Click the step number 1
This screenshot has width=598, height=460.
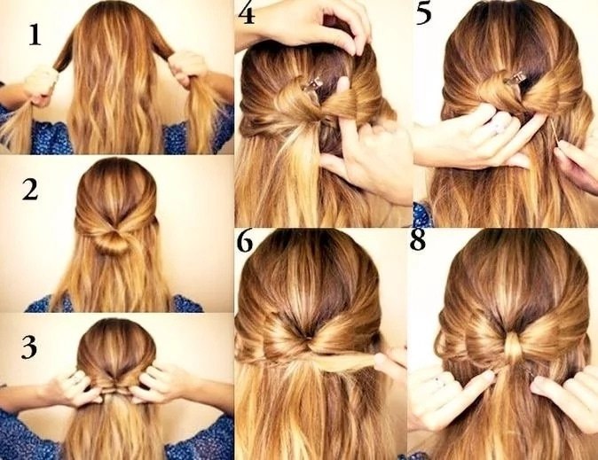point(35,35)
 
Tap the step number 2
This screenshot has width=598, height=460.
point(30,190)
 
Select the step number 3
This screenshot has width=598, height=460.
point(29,347)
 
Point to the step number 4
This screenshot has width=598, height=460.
point(247,12)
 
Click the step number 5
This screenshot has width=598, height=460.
point(424,13)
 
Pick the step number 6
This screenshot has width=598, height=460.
point(245,240)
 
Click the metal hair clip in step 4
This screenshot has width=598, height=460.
point(312,84)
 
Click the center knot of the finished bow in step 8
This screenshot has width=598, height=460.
point(514,345)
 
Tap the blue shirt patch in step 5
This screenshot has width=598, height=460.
point(421,214)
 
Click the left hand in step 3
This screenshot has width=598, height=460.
point(76,385)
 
